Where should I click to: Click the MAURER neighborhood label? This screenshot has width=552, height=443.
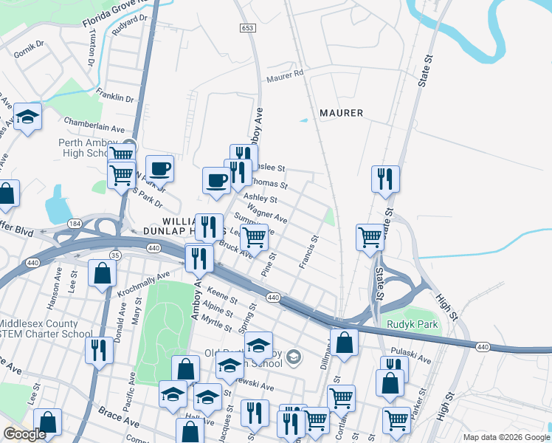341,113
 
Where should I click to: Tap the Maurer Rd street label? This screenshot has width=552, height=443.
286,75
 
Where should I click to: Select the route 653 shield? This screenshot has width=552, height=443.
247,27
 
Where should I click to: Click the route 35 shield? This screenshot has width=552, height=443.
114,255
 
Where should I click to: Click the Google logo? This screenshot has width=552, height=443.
24,434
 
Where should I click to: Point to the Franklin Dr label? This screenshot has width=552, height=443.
114,96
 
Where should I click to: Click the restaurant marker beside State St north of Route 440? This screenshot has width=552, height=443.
385,179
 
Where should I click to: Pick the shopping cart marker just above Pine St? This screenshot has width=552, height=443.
254,237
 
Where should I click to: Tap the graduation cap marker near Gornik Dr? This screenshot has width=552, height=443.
27,117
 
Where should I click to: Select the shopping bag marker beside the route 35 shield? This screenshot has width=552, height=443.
103,272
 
